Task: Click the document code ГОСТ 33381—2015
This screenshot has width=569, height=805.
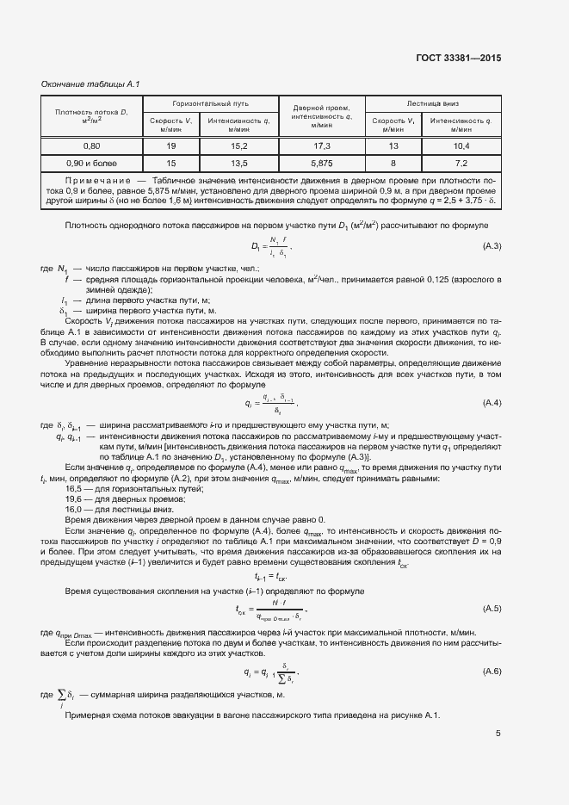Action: point(456,59)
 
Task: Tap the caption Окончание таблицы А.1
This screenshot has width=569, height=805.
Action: point(90,84)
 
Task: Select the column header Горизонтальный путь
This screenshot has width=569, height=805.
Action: point(210,102)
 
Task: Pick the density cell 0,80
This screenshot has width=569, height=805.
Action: point(90,146)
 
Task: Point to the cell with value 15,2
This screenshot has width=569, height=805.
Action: point(238,146)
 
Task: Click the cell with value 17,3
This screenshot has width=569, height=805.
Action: point(322,146)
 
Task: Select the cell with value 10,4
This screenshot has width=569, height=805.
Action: point(461,146)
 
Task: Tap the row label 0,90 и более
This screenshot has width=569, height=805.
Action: point(90,163)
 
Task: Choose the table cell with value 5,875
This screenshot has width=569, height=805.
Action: point(322,163)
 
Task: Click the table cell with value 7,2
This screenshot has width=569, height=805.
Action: point(461,163)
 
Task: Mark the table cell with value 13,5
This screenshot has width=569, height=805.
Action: point(238,163)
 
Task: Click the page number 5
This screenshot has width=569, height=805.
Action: point(498,734)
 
